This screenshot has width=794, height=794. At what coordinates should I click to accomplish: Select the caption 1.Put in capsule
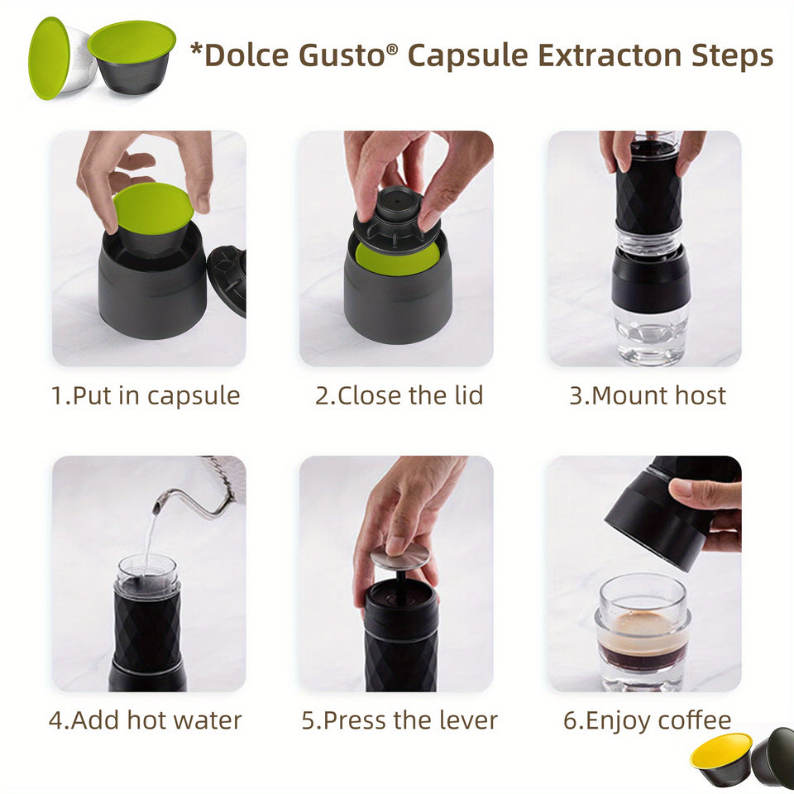[146, 395]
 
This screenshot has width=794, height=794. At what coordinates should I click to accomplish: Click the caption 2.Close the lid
[399, 395]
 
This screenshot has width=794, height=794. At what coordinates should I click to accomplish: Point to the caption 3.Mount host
[647, 395]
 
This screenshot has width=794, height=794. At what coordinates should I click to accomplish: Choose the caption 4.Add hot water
[145, 720]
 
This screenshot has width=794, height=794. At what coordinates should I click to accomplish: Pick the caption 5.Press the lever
[399, 720]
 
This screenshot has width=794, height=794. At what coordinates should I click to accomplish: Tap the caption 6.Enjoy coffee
[647, 720]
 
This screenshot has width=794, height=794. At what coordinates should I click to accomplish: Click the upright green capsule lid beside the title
[49, 58]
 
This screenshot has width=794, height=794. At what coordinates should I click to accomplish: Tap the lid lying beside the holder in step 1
[228, 280]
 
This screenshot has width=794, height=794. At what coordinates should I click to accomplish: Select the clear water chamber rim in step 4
[147, 567]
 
